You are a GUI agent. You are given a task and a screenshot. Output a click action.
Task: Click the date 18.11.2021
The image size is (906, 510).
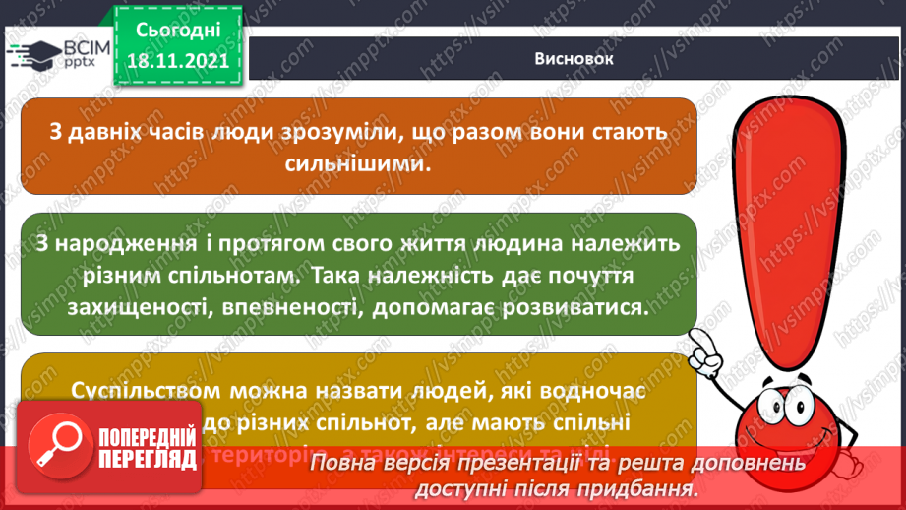pyautogui.click(x=177, y=60)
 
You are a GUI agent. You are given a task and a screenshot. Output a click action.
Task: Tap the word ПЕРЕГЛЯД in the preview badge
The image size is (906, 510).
pyautogui.click(x=149, y=458)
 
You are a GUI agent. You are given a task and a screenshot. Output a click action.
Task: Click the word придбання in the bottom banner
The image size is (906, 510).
pyautogui.click(x=641, y=487)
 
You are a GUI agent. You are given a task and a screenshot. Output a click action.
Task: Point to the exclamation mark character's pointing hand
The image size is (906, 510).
pyautogui.click(x=705, y=344)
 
